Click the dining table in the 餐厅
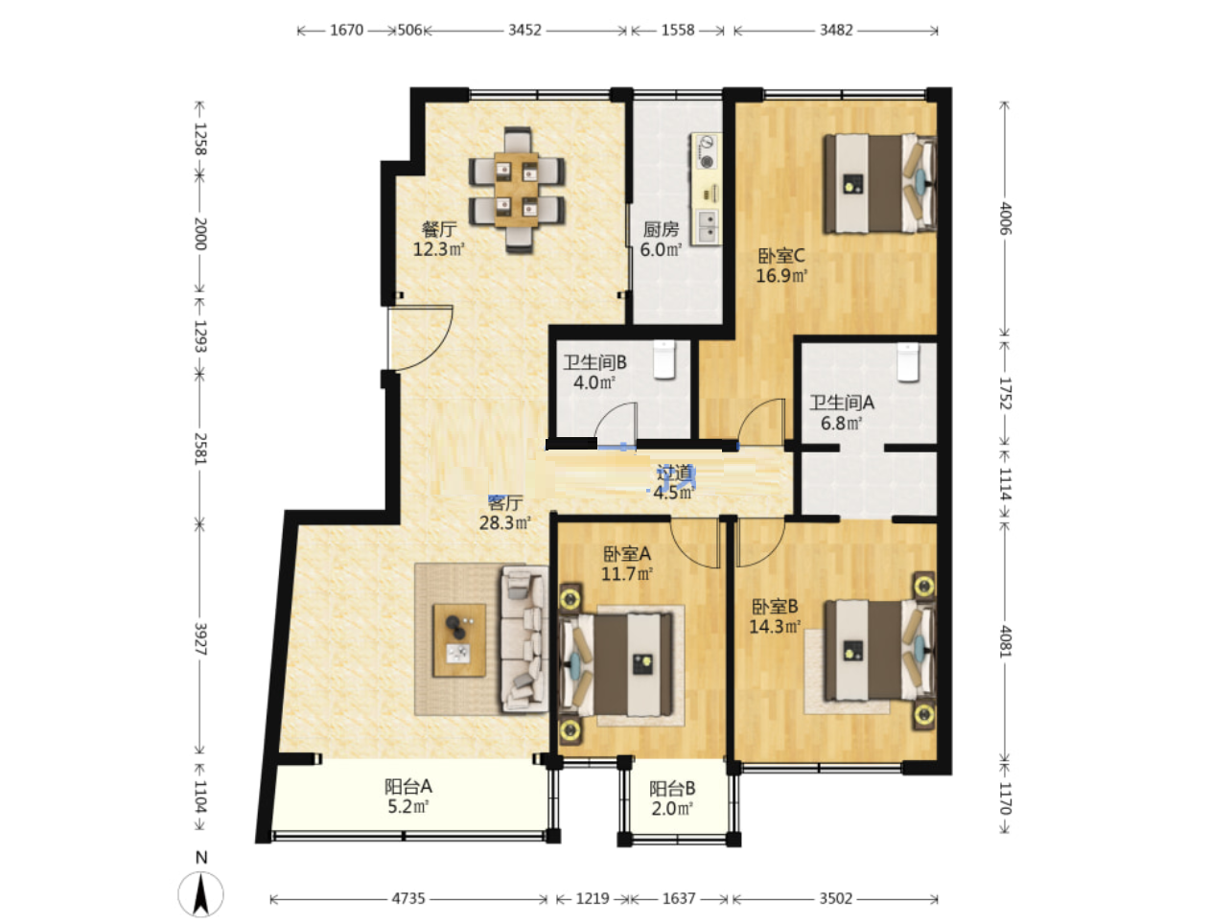[x=516, y=190]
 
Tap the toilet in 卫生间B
[x=663, y=359]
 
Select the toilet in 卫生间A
[x=907, y=362]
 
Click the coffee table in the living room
[x=459, y=639]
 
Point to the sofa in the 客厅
[x=524, y=639]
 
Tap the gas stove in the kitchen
[x=706, y=151]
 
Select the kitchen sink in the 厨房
[x=708, y=226]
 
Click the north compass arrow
[x=201, y=893]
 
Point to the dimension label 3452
[x=524, y=31]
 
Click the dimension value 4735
[x=407, y=899]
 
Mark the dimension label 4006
[x=1006, y=219]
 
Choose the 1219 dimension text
[x=592, y=899]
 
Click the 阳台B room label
[x=671, y=789]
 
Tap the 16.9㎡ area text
[x=781, y=275]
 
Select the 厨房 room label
[x=661, y=229]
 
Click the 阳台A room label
[x=407, y=786]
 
